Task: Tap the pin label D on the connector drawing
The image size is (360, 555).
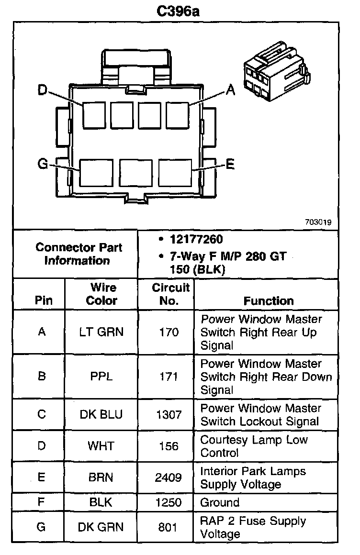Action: [x=43, y=89]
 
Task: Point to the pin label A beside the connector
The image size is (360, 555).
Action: [x=230, y=89]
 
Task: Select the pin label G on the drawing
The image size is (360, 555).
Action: [x=43, y=165]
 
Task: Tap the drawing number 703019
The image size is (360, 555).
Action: [x=318, y=222]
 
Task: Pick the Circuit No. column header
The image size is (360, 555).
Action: [x=170, y=294]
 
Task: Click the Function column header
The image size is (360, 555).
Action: [x=269, y=300]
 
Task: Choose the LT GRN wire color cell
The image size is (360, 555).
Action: [x=101, y=332]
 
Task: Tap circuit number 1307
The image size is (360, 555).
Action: [x=169, y=414]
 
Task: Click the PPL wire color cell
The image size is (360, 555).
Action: [x=101, y=377]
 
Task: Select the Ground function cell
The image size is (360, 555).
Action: [x=220, y=502]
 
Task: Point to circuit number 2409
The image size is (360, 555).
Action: [x=169, y=477]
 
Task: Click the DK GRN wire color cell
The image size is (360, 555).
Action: [x=101, y=527]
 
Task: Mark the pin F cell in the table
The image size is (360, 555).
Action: [x=41, y=502]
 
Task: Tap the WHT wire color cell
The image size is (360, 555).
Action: [x=101, y=446]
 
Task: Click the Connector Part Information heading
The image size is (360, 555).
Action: [x=79, y=254]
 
